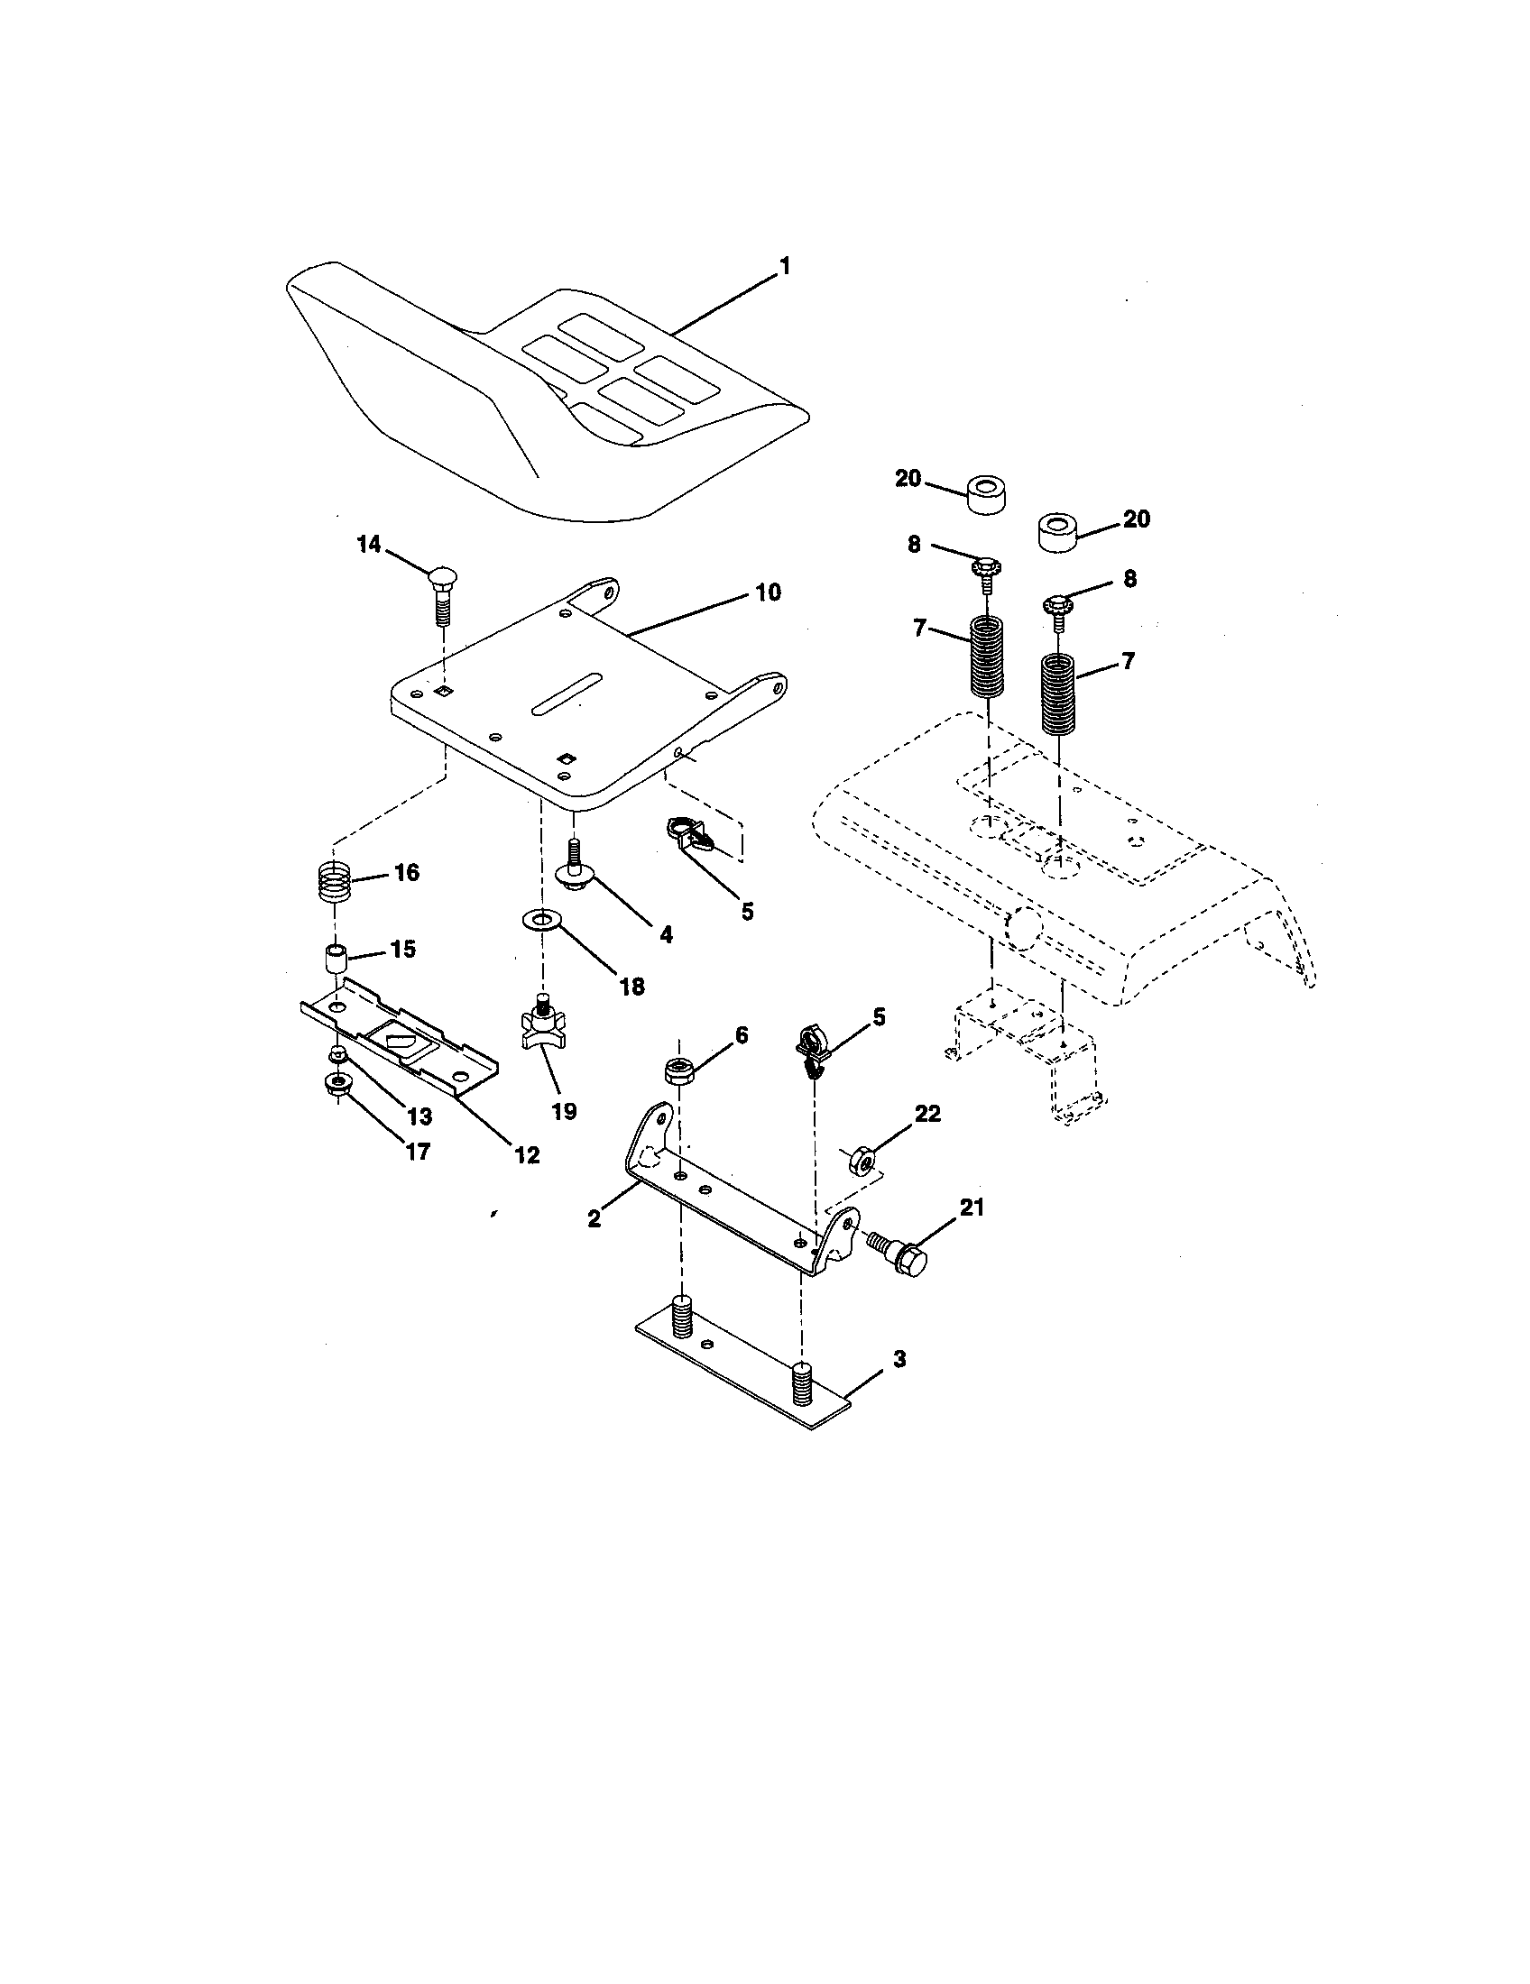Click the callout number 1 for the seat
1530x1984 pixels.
tap(784, 267)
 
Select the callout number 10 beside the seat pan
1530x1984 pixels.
tap(768, 592)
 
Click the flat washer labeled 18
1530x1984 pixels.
tap(542, 923)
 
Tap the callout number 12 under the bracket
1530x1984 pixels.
tap(527, 1155)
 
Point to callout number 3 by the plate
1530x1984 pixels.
tap(899, 1385)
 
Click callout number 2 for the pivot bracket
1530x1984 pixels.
tap(594, 1219)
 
